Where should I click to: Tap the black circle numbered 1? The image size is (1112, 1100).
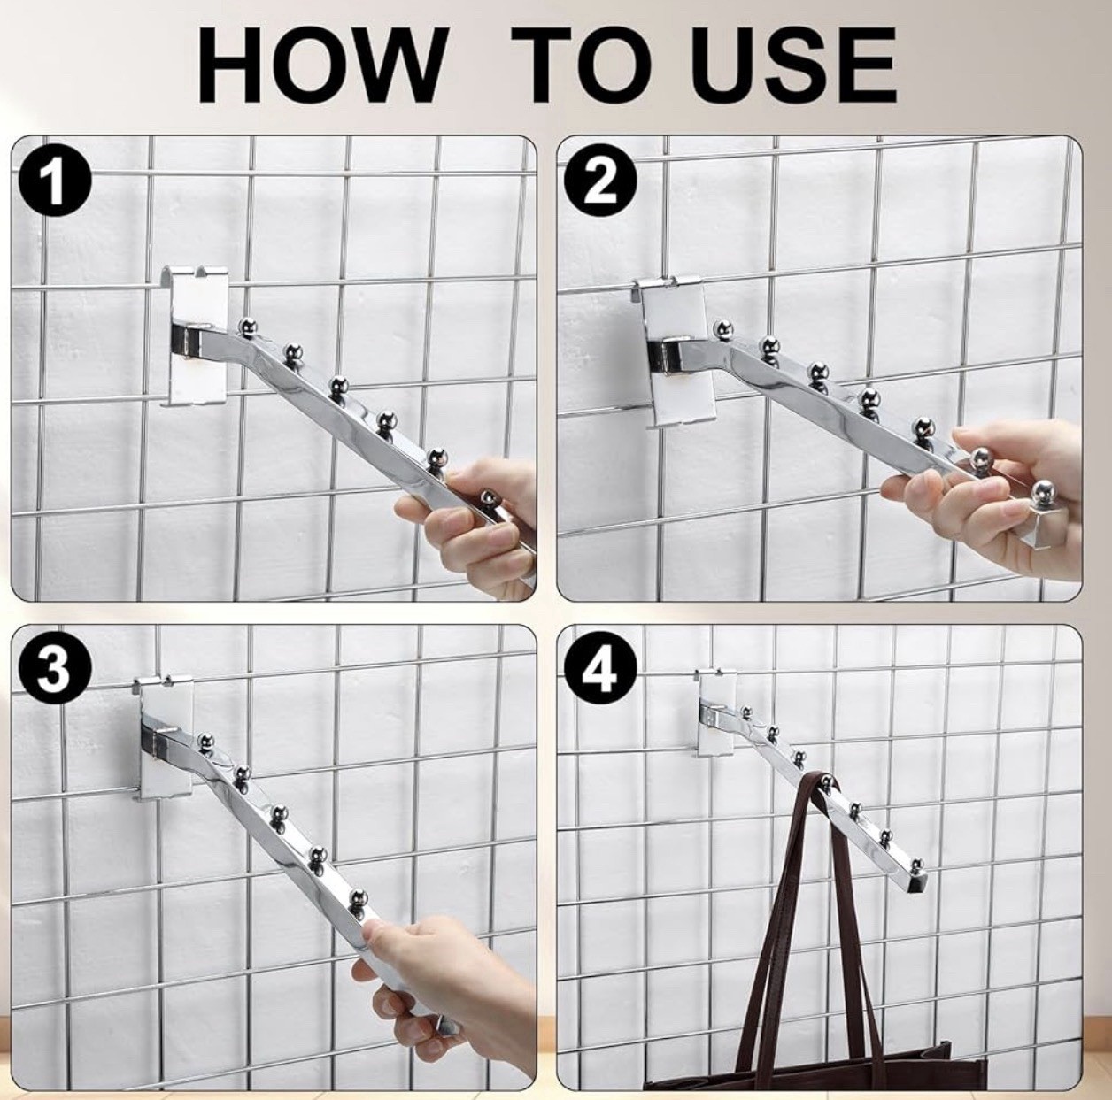tap(55, 183)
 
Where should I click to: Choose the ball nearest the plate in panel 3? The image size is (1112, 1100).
tap(206, 739)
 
